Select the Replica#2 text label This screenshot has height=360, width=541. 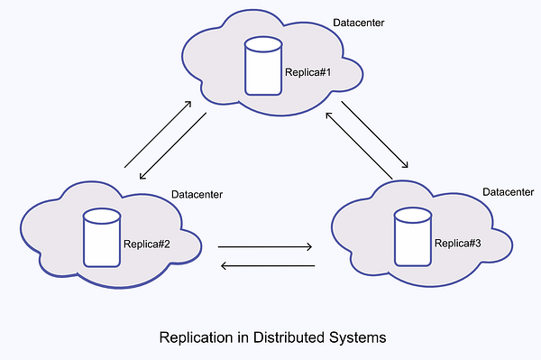(x=146, y=243)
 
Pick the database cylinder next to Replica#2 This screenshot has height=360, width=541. (x=101, y=238)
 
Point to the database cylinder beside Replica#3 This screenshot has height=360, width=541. (x=414, y=236)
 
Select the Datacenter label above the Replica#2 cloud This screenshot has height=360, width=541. (x=197, y=194)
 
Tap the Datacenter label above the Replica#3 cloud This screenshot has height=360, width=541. (x=509, y=192)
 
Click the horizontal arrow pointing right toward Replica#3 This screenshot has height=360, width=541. (x=264, y=246)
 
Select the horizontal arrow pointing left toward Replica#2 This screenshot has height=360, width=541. (x=268, y=265)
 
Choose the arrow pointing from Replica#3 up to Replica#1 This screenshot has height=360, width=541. (x=359, y=144)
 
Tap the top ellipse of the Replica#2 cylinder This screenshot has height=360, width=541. (x=101, y=217)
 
